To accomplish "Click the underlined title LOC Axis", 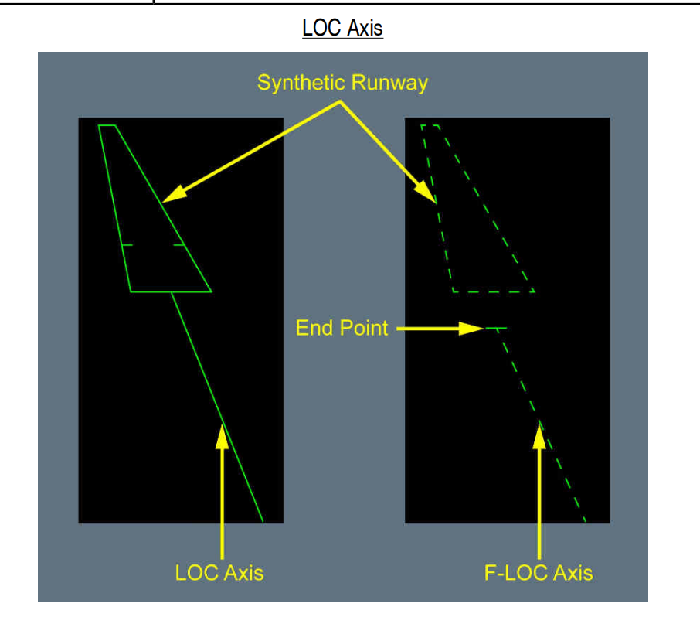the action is (342, 28).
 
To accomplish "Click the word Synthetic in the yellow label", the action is (302, 83).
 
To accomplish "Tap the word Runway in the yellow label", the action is (389, 83).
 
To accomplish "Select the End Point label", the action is (342, 328).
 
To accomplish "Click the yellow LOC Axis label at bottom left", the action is (219, 573).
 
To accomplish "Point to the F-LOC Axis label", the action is (539, 573).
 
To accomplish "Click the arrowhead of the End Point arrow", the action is (471, 329).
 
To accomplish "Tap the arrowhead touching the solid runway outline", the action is (174, 194).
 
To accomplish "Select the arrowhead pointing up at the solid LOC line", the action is (223, 437).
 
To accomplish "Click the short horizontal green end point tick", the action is (496, 329).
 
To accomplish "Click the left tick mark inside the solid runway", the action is (127, 245).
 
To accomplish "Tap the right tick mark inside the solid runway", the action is (179, 245).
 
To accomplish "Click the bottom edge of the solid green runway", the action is (171, 291).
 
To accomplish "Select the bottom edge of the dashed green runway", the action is (494, 291).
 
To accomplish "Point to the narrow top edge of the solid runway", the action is (107, 125).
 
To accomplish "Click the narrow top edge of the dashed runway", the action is (430, 125).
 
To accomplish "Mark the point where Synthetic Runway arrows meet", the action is (340, 102).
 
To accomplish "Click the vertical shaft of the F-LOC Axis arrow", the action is (539, 503).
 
